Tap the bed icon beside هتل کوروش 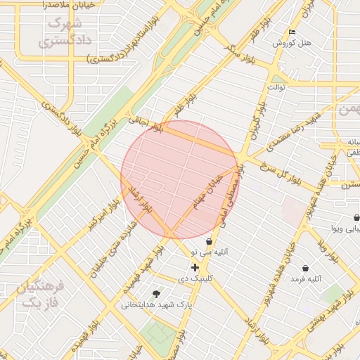tap(292, 32)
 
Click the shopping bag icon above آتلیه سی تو tap(209, 241)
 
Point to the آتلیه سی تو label tap(212, 252)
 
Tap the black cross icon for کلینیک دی tap(195, 267)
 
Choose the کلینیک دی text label tap(195, 278)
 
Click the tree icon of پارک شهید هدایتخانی tap(155, 294)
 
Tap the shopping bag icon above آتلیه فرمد tap(305, 268)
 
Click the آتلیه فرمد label tap(305, 279)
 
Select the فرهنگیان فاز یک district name tap(42, 295)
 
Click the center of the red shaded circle tap(180, 179)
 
